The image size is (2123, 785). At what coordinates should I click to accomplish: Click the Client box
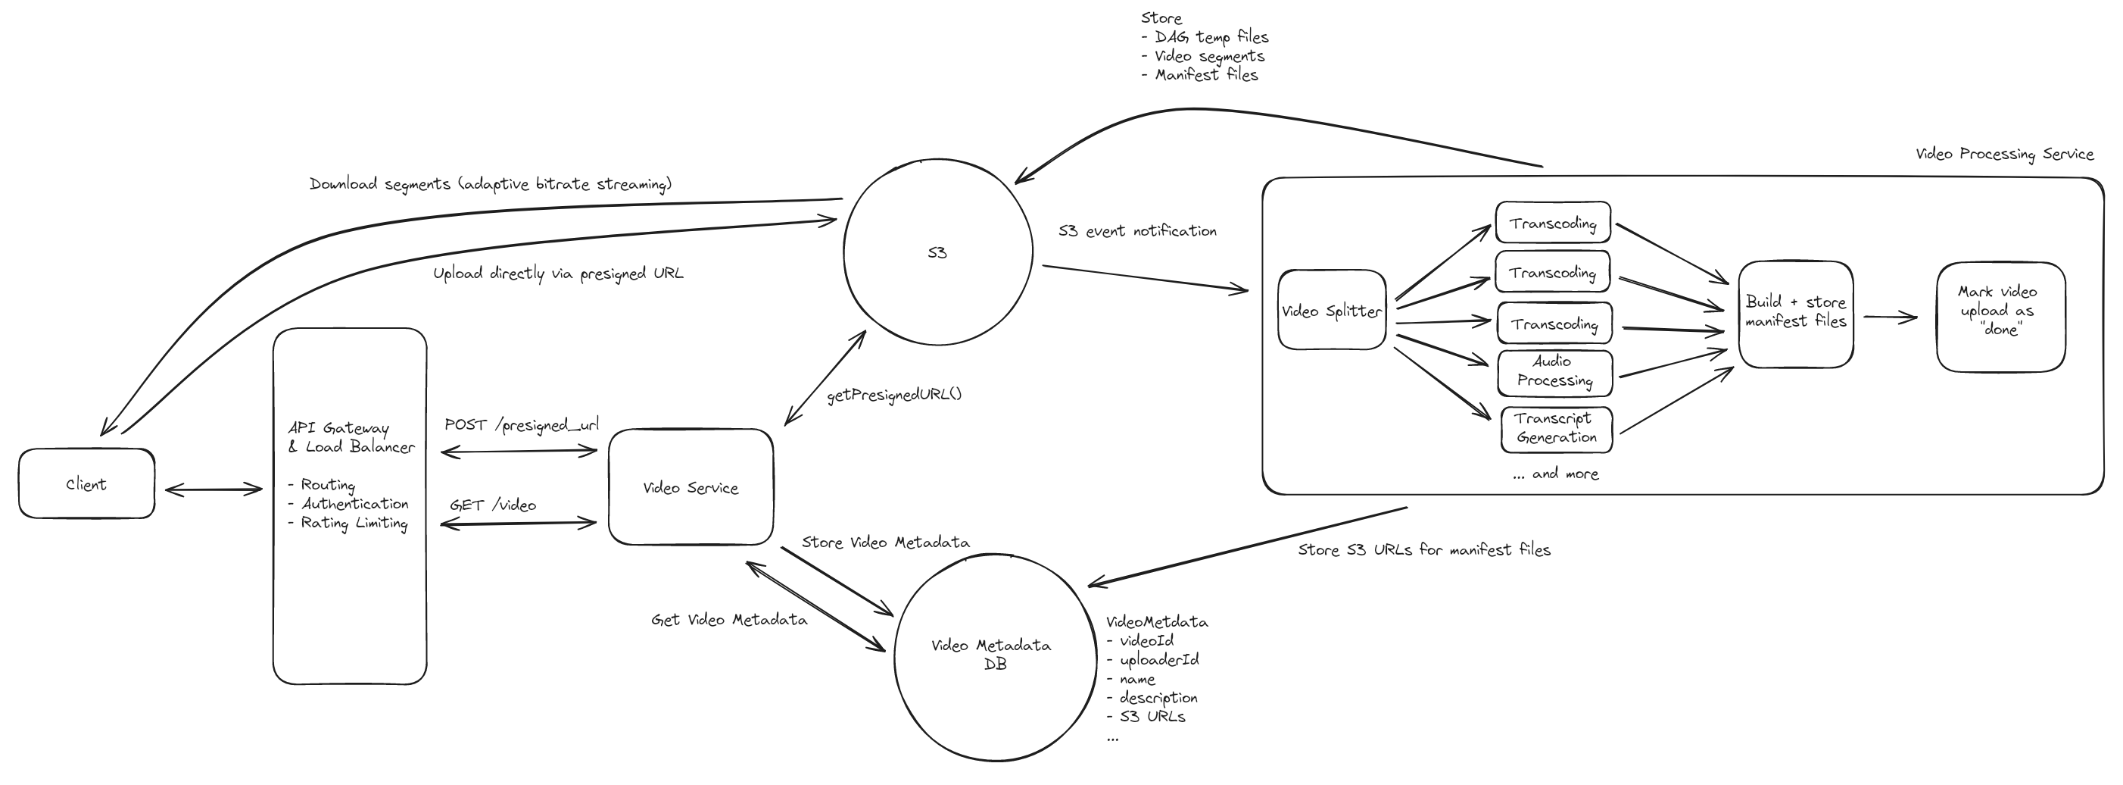coord(86,484)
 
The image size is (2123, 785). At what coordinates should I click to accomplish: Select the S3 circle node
coord(938,252)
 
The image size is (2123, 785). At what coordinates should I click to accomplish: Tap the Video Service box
coord(691,487)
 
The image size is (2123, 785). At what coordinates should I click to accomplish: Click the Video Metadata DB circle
coord(994,655)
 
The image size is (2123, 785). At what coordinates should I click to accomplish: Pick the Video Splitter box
coord(1331,311)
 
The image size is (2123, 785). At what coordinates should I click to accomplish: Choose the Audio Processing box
coord(1554,372)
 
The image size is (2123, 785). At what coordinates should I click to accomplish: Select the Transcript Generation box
coord(1556,429)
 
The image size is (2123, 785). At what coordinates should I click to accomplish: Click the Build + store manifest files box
coord(1796,312)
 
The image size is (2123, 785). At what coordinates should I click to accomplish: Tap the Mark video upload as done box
coord(2000,311)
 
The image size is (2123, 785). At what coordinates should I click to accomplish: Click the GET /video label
coord(493,505)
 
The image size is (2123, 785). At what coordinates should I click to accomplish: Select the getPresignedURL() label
coord(894,395)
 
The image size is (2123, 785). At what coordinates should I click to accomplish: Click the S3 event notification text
coord(1137,232)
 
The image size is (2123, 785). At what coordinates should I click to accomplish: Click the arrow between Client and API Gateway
coord(214,489)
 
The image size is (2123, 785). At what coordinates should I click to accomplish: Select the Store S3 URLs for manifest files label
coord(1423,550)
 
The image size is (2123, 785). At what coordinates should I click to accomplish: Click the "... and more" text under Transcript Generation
coord(1555,474)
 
